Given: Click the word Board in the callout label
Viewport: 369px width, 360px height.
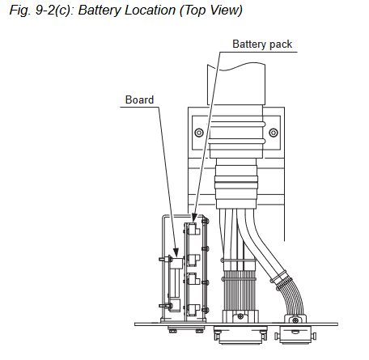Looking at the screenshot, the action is pyautogui.click(x=139, y=100).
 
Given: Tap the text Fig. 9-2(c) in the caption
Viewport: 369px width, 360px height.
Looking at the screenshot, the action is pyautogui.click(x=40, y=11).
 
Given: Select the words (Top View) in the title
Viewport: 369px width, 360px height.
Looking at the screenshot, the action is pyautogui.click(x=211, y=11).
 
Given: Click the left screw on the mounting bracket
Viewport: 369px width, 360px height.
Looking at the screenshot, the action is pyautogui.click(x=199, y=133).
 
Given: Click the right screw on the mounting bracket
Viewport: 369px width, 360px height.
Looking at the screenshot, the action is pyautogui.click(x=274, y=133).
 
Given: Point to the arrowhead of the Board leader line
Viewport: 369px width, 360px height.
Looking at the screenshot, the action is pyautogui.click(x=176, y=252).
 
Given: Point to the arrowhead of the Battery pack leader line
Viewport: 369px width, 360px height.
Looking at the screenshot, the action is pyautogui.click(x=193, y=218).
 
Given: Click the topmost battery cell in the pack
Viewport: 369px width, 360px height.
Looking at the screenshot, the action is pyautogui.click(x=193, y=230).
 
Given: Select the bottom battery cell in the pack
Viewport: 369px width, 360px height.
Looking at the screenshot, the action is pyautogui.click(x=193, y=310).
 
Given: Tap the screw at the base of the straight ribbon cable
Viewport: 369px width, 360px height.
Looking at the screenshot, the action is pyautogui.click(x=240, y=316).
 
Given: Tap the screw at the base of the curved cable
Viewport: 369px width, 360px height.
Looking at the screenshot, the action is pyautogui.click(x=295, y=320).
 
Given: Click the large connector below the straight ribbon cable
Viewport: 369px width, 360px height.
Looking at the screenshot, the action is pyautogui.click(x=240, y=335).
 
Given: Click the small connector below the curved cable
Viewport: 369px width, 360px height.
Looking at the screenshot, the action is pyautogui.click(x=295, y=335).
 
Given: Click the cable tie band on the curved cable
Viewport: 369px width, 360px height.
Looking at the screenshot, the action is pyautogui.click(x=281, y=277).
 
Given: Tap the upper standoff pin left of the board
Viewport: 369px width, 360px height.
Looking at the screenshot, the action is pyautogui.click(x=165, y=260).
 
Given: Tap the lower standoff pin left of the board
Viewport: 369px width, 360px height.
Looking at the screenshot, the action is pyautogui.click(x=165, y=306).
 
